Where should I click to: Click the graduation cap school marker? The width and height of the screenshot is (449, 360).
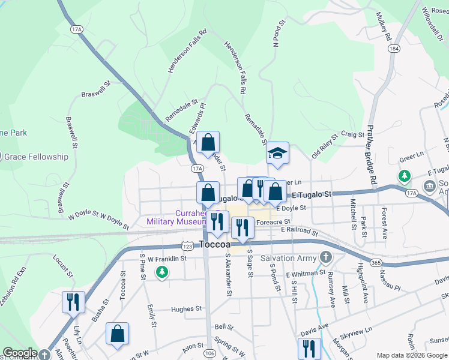tap(278, 153)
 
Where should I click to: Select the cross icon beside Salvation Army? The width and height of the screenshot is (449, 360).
tap(325, 258)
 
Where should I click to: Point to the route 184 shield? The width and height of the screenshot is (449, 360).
tap(394, 48)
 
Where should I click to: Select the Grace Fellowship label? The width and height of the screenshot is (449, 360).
tap(36, 157)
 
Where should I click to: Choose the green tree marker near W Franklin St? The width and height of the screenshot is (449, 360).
tap(161, 273)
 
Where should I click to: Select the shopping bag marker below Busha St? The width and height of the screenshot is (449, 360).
tap(118, 334)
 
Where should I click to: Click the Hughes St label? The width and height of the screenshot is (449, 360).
tap(186, 309)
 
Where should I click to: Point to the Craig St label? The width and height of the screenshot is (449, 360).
tap(352, 135)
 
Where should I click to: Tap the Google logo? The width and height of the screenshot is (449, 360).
tap(19, 353)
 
